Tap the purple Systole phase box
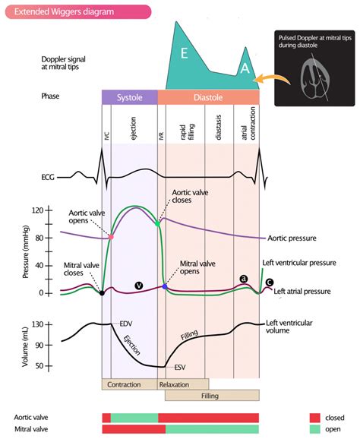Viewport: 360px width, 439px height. [x=129, y=97]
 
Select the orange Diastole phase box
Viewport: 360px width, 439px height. [x=207, y=97]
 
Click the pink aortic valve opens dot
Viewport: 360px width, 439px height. [x=111, y=238]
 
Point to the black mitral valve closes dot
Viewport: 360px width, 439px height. [x=102, y=292]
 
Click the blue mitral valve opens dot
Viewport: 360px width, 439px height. [x=165, y=287]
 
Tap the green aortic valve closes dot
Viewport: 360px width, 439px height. [x=157, y=224]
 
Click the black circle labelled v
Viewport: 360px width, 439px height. [x=138, y=285]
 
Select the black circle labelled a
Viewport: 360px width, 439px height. [x=243, y=279]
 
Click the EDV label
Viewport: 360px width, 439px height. [x=126, y=324]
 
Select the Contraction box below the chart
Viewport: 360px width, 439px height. [x=124, y=384]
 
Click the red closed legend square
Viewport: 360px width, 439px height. [x=314, y=417]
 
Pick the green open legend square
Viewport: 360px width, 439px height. [x=314, y=429]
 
